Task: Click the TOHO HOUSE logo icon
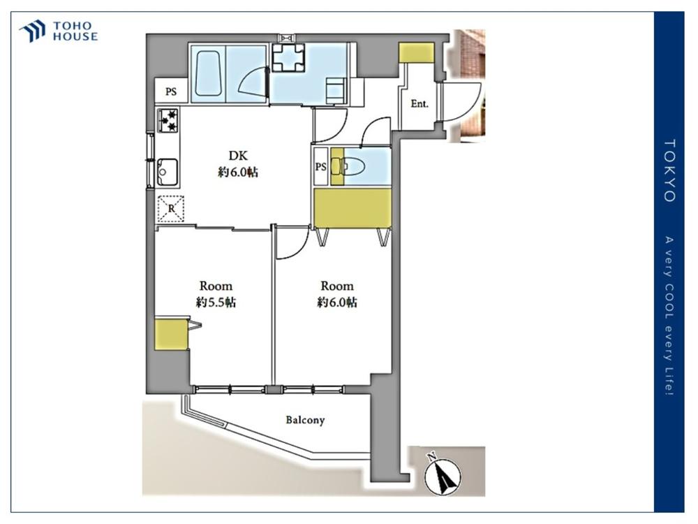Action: tap(32, 31)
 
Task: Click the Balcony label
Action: tap(305, 420)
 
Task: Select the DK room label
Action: tap(238, 156)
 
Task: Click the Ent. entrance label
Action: tap(419, 104)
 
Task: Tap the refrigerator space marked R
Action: tap(171, 208)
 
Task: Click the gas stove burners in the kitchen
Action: tap(168, 121)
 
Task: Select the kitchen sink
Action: tap(168, 172)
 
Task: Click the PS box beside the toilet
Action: tap(320, 167)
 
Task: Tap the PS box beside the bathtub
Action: tap(172, 92)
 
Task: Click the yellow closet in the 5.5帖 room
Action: tap(172, 334)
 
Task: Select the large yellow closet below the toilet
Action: tap(352, 208)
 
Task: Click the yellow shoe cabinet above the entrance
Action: tap(416, 52)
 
